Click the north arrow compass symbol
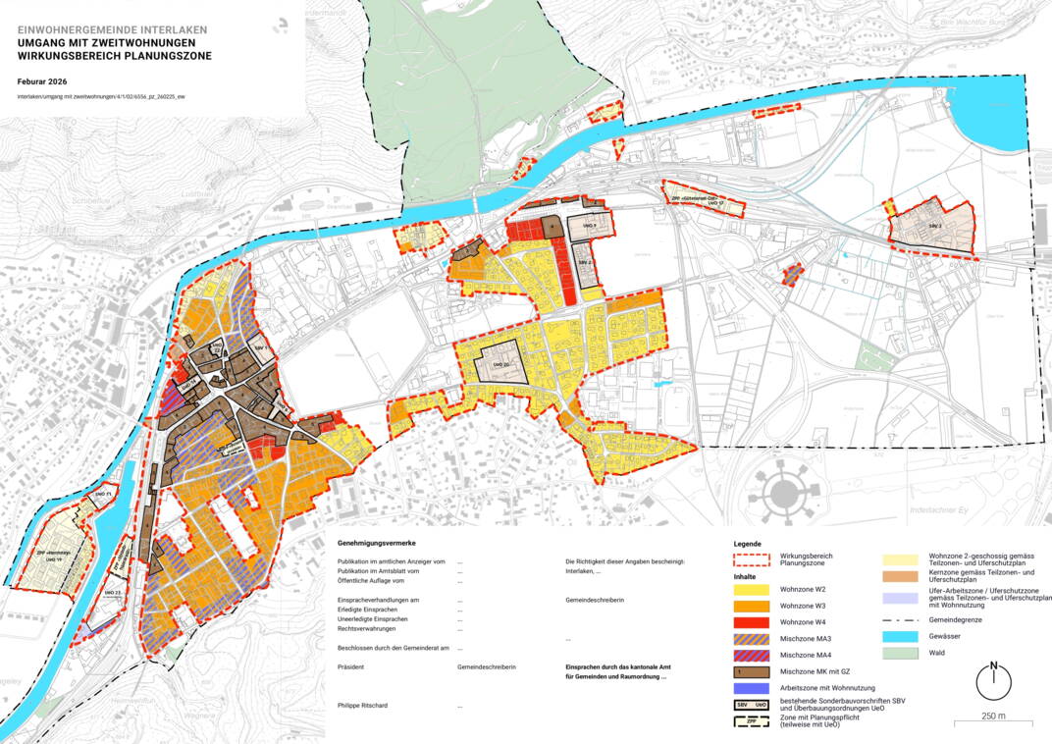(x=993, y=681)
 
